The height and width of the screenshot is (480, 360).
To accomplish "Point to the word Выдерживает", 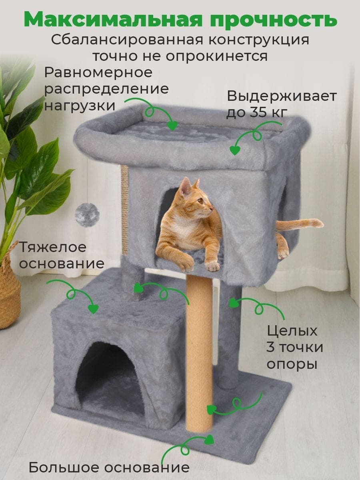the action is [282, 96].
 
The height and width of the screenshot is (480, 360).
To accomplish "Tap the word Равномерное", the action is [98, 73].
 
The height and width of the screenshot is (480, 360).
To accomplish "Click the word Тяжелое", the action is [53, 247].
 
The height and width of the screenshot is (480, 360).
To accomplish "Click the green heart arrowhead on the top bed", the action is [172, 126].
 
